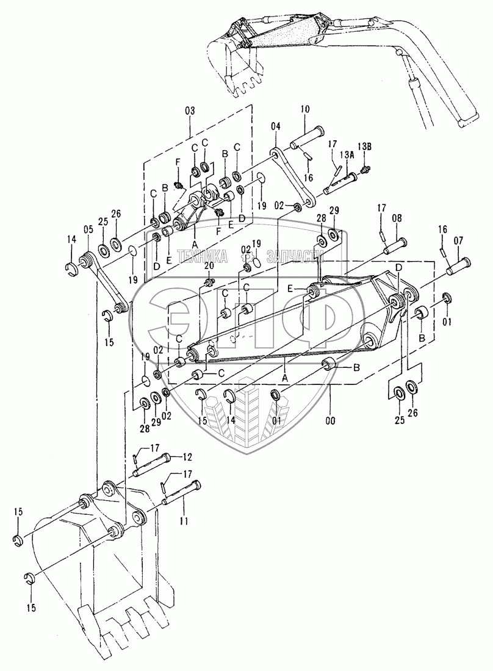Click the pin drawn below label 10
(x=309, y=138)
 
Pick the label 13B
(x=364, y=147)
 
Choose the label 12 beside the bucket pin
(x=186, y=456)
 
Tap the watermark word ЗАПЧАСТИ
(x=292, y=256)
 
